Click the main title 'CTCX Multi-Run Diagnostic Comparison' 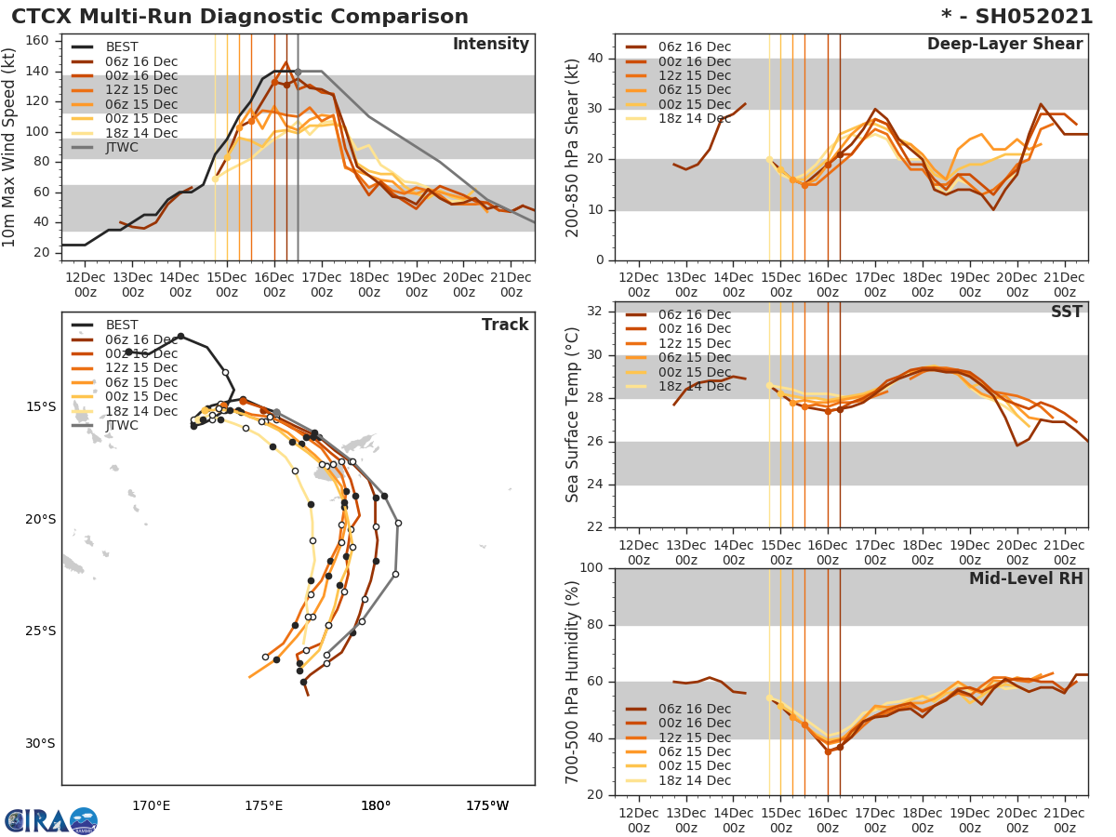click(x=240, y=17)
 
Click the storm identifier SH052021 click(x=1031, y=17)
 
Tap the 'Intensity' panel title click(x=490, y=45)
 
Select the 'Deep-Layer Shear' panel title click(x=1004, y=45)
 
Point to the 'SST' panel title click(x=1067, y=312)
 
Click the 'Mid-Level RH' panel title click(x=1026, y=578)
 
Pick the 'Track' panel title click(x=505, y=325)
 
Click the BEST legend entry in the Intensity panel click(x=123, y=47)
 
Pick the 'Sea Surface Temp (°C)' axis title click(x=573, y=414)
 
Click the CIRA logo click(x=51, y=820)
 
